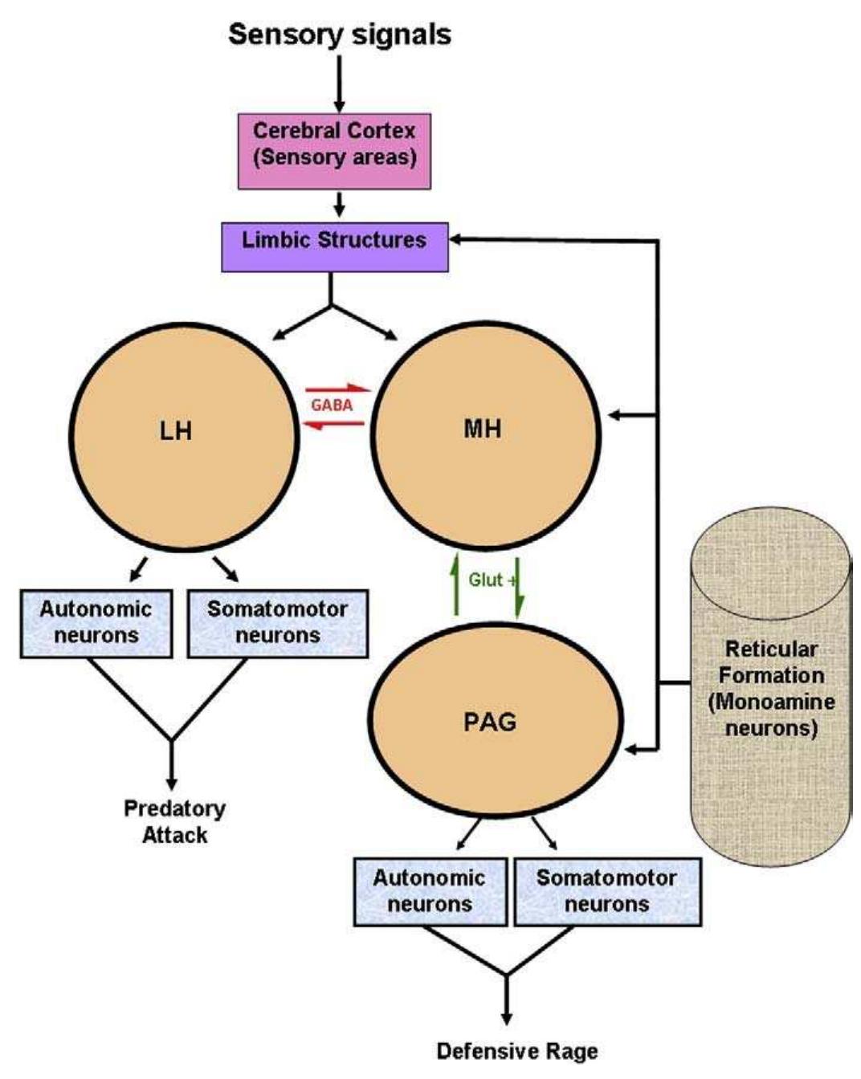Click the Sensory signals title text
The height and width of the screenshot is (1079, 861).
click(339, 35)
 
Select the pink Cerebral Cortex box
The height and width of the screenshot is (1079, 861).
click(334, 151)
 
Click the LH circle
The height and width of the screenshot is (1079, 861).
click(183, 437)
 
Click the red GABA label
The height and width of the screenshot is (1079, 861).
click(332, 405)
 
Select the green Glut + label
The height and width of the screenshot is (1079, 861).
click(490, 580)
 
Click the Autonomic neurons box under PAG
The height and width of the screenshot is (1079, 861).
click(430, 892)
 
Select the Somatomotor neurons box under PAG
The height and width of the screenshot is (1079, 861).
click(607, 892)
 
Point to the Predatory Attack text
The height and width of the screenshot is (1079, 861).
click(174, 821)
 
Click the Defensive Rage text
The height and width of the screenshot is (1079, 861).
click(516, 1050)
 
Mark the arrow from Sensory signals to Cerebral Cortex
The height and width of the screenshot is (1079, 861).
click(339, 84)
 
